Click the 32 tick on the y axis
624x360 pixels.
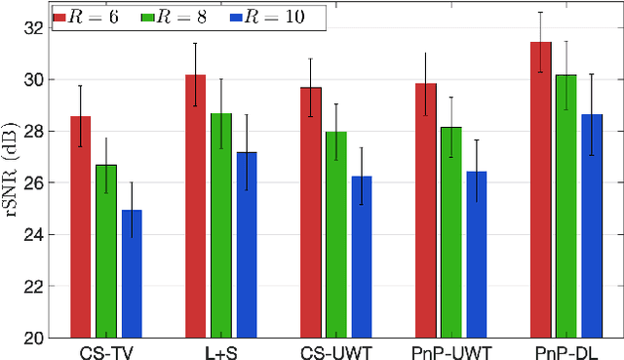(36, 27)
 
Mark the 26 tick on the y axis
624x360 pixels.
(36, 182)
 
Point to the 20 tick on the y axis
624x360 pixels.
(36, 338)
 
